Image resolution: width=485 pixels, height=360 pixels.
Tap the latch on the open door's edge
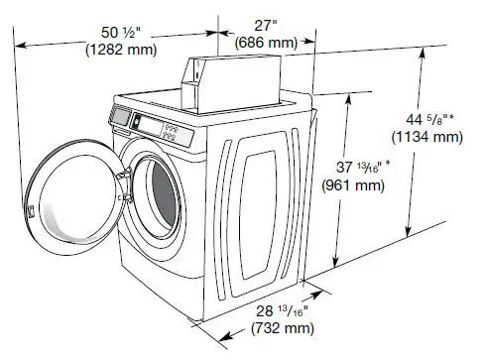33,211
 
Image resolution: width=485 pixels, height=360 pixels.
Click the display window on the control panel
122,116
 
